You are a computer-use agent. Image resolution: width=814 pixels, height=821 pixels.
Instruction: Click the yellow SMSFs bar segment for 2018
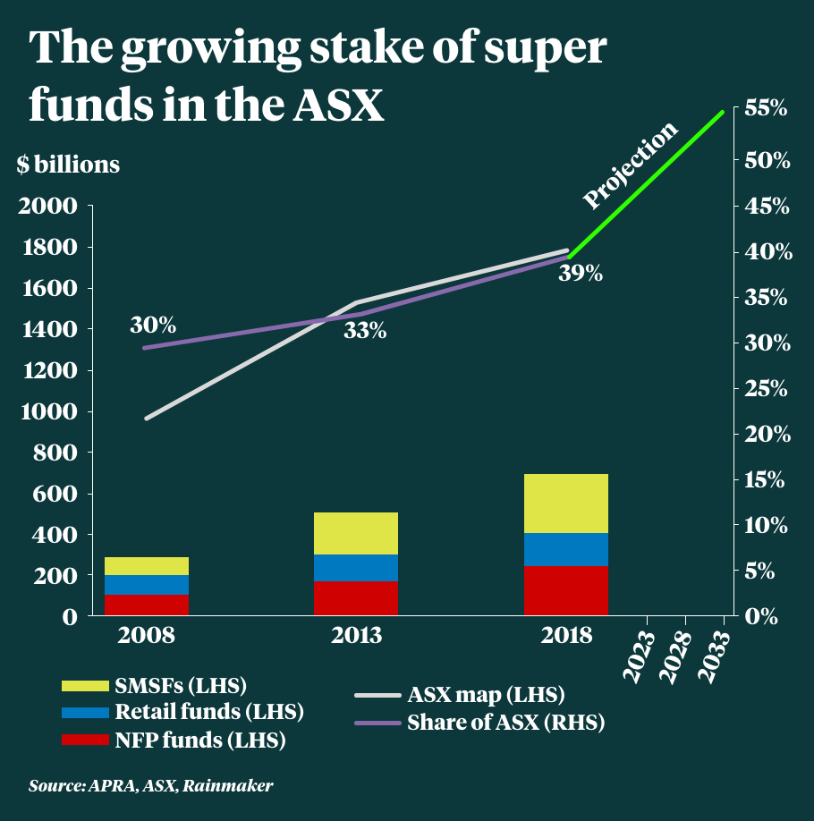tap(566, 504)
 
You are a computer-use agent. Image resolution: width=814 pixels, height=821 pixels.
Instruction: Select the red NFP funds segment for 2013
tap(356, 597)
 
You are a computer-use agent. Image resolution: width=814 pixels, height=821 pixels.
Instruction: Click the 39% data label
tap(581, 274)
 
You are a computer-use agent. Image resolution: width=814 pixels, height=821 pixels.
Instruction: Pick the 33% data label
tap(364, 331)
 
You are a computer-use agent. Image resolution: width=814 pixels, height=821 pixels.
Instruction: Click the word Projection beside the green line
tap(631, 166)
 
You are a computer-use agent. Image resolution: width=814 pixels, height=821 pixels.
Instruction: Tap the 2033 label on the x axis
tap(718, 658)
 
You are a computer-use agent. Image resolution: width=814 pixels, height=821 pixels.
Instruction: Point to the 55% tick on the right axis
tap(766, 110)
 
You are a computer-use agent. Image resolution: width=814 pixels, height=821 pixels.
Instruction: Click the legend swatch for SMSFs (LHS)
tap(85, 686)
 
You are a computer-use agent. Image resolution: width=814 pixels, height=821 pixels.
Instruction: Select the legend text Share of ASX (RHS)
tap(506, 723)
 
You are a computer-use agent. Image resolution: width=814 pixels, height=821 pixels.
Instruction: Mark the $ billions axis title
tap(67, 165)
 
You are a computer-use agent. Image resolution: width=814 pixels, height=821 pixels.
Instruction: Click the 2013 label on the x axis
tap(356, 636)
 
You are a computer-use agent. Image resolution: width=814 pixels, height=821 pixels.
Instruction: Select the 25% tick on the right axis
tap(766, 389)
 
